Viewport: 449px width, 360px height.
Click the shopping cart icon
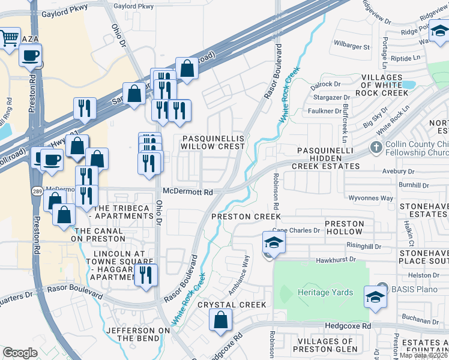(9, 39)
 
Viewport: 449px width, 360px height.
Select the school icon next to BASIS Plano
(375, 296)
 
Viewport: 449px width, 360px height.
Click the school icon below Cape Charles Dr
(273, 242)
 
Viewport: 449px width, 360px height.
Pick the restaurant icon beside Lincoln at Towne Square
(145, 275)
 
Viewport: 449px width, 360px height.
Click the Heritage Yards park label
(325, 292)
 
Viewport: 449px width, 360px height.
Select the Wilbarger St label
(354, 44)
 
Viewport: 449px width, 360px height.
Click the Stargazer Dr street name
(330, 97)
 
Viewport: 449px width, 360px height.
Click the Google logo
(20, 353)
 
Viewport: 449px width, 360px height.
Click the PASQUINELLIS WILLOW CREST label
(213, 142)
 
